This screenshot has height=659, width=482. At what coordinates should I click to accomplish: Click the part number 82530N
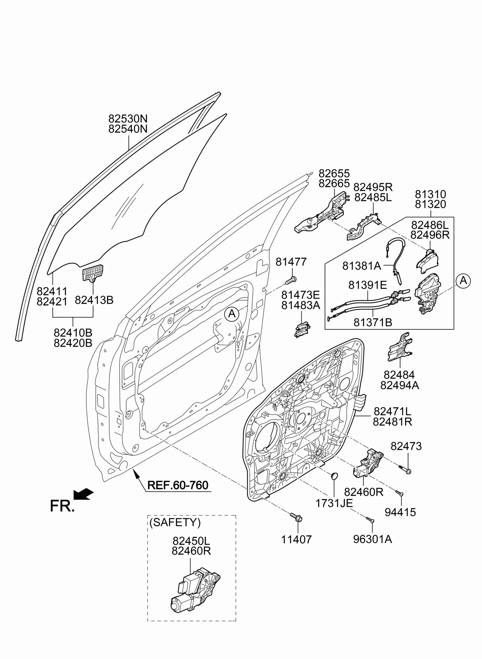pyautogui.click(x=128, y=119)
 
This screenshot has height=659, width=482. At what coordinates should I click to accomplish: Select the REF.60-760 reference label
pyautogui.click(x=178, y=485)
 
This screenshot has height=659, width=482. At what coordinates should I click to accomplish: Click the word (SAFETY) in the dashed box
pyautogui.click(x=175, y=522)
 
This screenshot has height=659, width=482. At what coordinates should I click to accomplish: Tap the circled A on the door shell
pyautogui.click(x=232, y=314)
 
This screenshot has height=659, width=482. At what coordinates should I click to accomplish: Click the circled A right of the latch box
pyautogui.click(x=463, y=281)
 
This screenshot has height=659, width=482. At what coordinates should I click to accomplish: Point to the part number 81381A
pyautogui.click(x=362, y=266)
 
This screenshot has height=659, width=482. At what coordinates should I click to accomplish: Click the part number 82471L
pyautogui.click(x=392, y=412)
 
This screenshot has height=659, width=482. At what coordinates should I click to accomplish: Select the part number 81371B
pyautogui.click(x=373, y=322)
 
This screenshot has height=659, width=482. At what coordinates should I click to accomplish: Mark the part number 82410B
pyautogui.click(x=73, y=333)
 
